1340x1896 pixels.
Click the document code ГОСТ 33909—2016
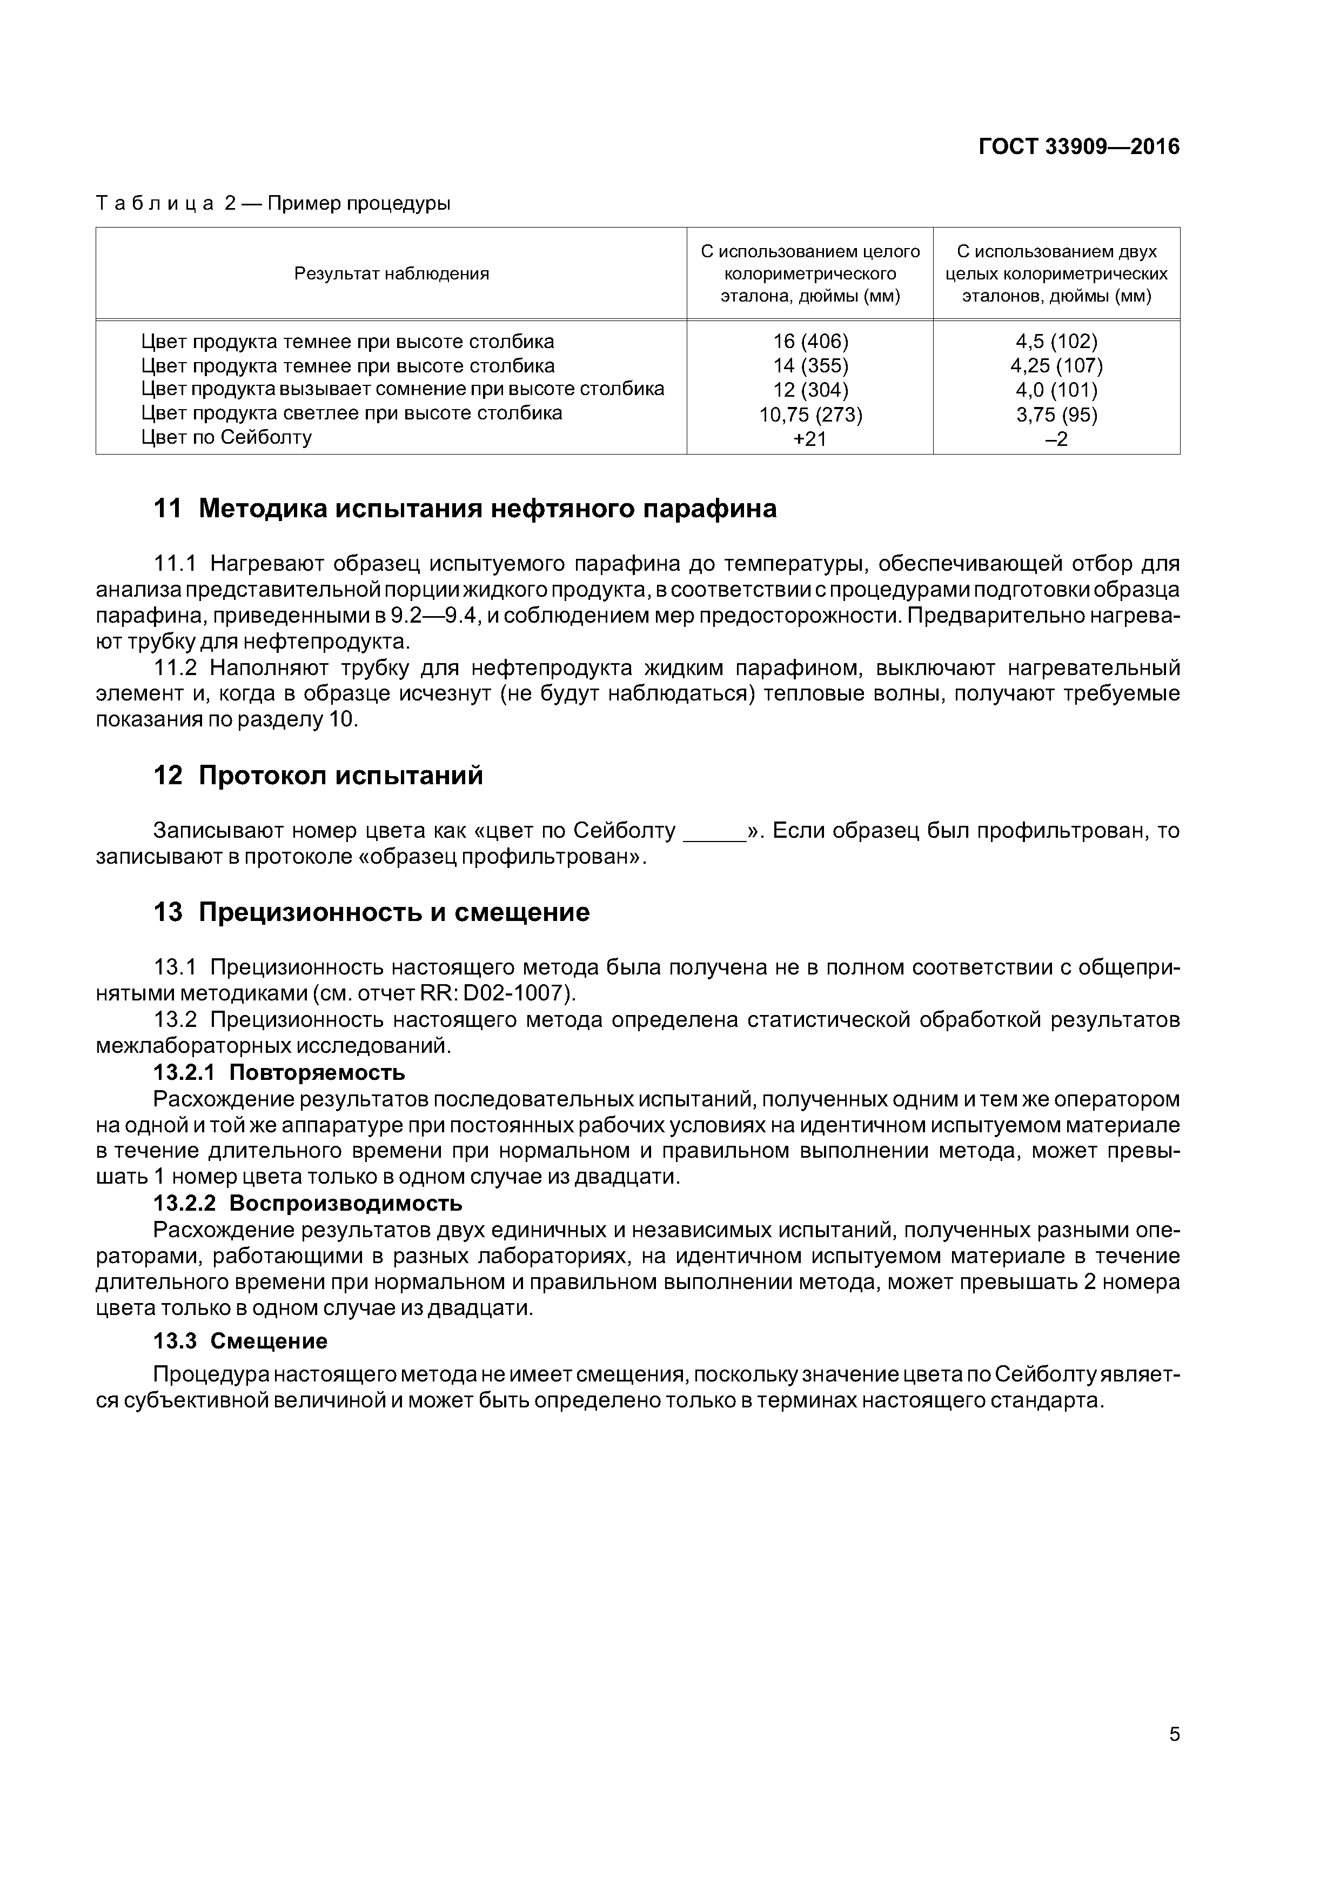[x=1078, y=147]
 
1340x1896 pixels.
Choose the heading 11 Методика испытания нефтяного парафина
[x=465, y=509]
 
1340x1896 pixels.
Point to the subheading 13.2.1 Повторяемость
[x=279, y=1073]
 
